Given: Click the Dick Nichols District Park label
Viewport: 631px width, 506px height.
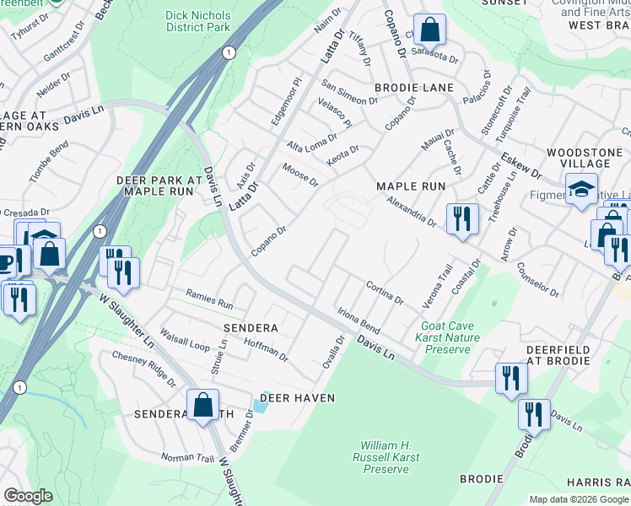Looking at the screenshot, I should tap(197, 21).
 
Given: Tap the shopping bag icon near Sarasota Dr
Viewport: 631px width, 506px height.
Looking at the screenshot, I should tap(429, 30).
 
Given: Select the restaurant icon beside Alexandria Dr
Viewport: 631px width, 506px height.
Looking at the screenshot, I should tap(461, 219).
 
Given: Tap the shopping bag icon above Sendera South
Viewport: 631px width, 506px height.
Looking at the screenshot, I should tap(203, 405).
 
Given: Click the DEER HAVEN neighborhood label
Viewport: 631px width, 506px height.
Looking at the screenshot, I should tap(297, 397).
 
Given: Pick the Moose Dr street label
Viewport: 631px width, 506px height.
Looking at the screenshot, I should tap(300, 176).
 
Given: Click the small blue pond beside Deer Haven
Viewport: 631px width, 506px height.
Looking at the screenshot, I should tap(260, 406).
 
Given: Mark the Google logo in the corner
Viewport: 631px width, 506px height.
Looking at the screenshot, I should tap(28, 496).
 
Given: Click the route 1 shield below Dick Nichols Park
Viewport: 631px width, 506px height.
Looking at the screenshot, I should tap(228, 52).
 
